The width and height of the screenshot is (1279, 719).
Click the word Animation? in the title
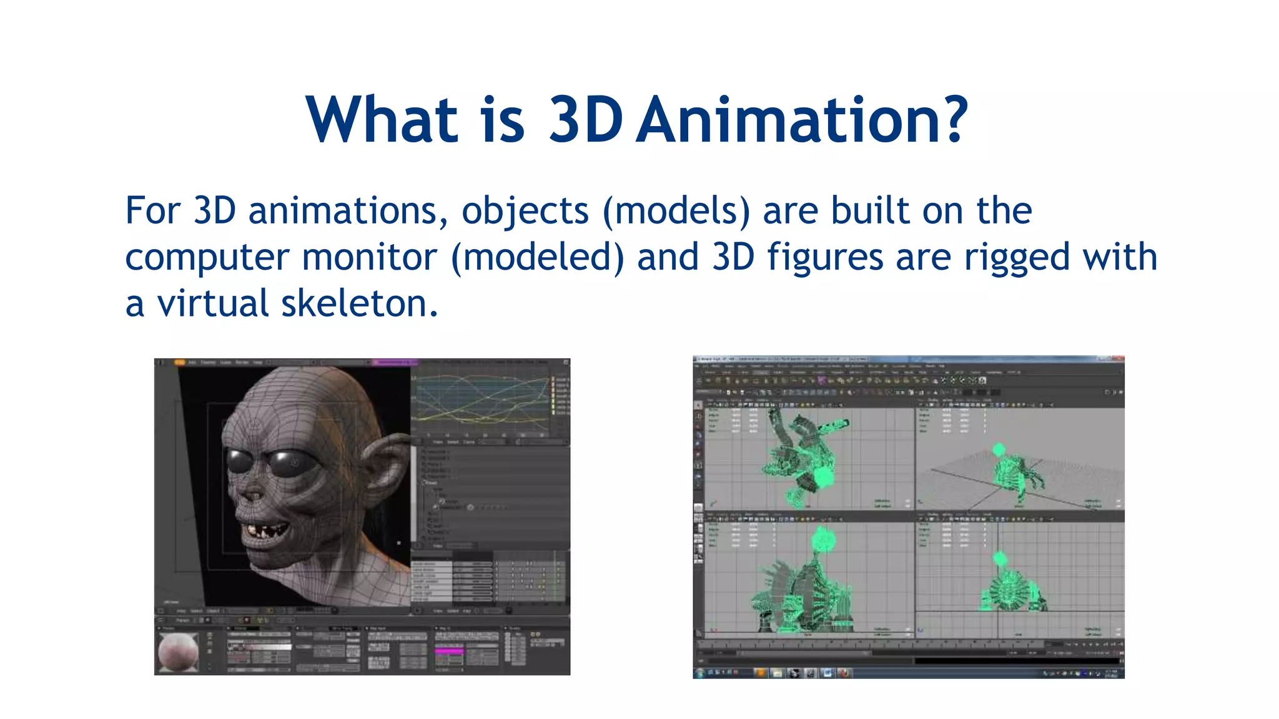pos(803,120)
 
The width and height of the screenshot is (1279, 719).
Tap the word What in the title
pos(382,120)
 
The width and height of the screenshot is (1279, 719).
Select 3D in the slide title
pos(585,120)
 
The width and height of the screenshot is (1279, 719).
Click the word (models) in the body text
pos(676,211)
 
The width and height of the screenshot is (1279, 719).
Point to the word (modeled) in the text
pos(537,257)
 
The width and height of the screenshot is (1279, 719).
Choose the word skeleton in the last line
pos(359,303)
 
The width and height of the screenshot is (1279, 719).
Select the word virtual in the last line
pos(212,303)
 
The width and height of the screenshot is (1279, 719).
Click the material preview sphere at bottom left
pos(179,652)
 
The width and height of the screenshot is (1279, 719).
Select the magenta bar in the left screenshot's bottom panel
pos(450,651)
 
